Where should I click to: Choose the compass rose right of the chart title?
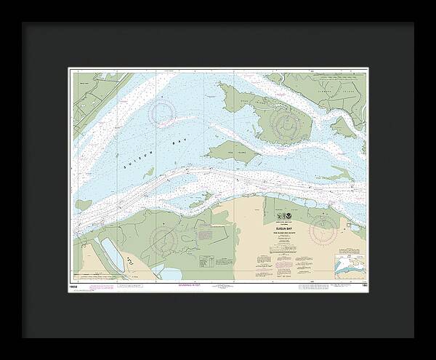click(x=323, y=231)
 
